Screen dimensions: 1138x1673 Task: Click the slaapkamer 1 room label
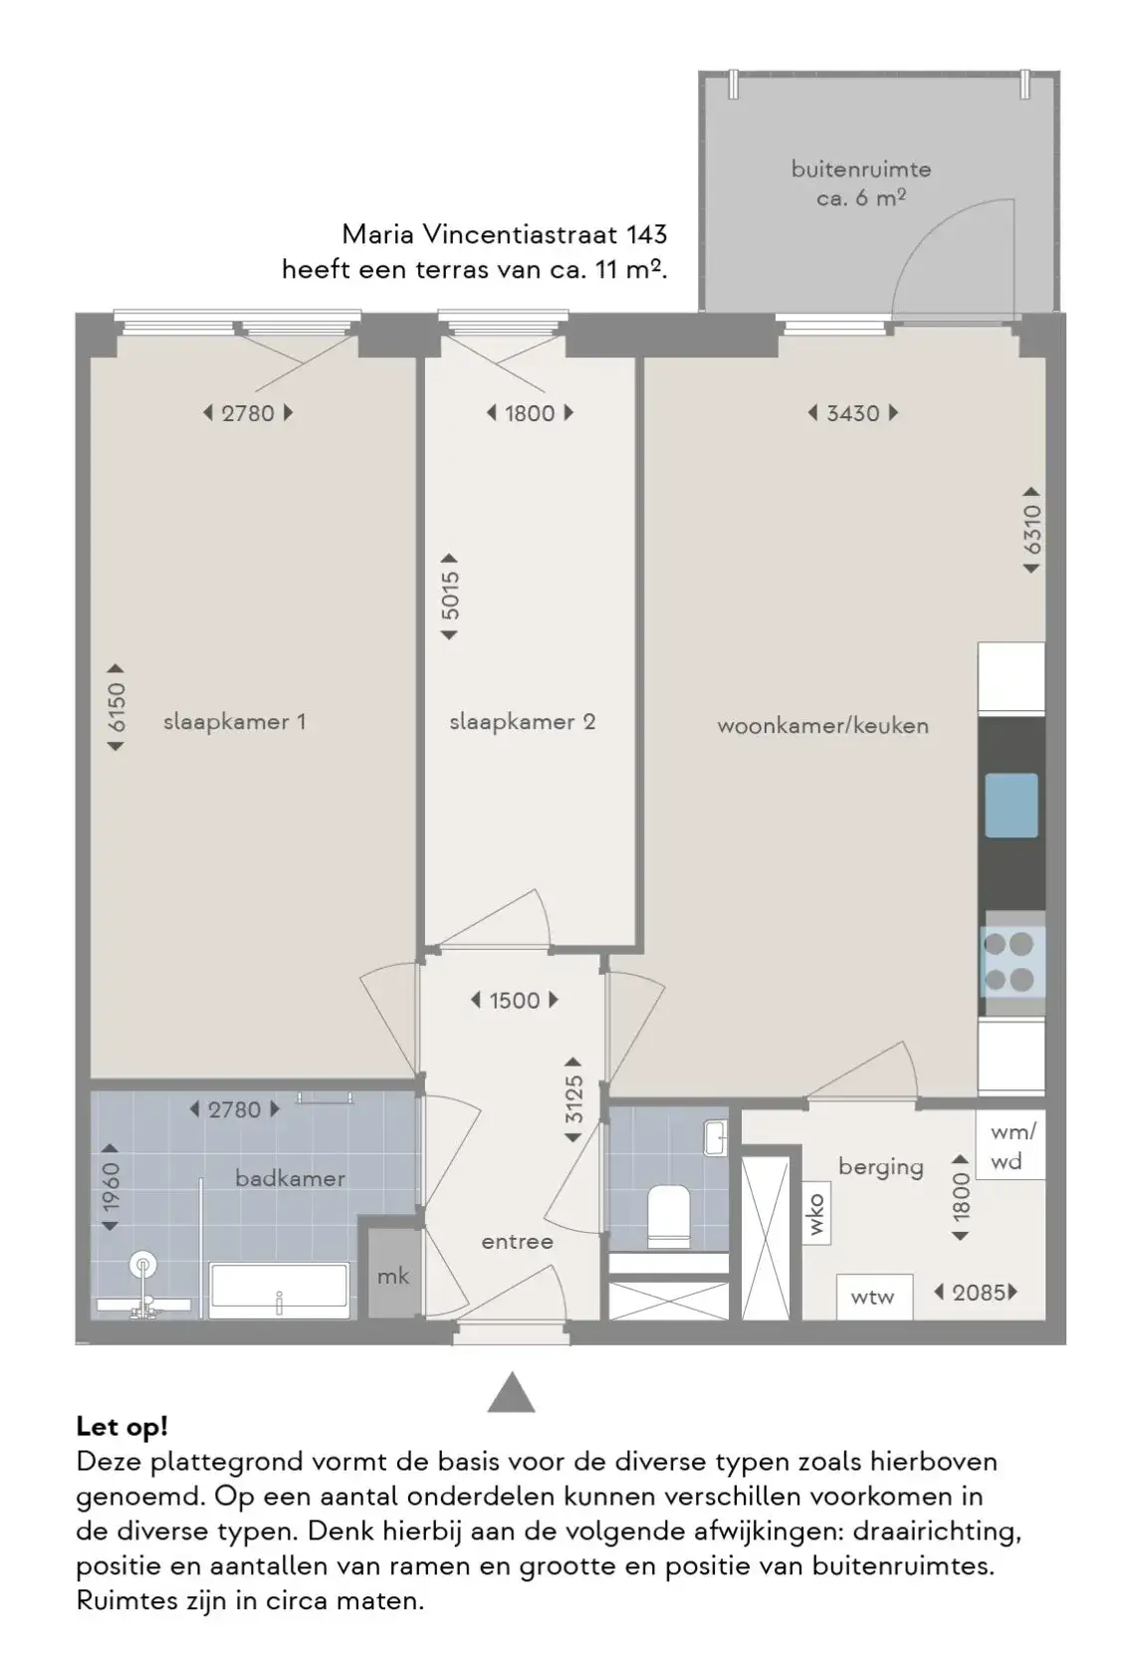click(235, 721)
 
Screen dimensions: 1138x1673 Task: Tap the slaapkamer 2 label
click(523, 721)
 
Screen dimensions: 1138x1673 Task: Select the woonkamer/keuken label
click(822, 725)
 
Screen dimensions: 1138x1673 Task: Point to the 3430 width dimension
click(852, 413)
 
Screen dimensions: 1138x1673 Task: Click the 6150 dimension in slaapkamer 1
click(115, 707)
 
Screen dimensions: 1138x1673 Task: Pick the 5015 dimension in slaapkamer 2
click(450, 596)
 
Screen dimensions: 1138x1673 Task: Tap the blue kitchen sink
click(1012, 805)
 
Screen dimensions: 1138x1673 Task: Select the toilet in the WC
click(668, 1216)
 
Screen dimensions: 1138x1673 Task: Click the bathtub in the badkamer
click(279, 1290)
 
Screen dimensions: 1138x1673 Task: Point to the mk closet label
click(392, 1277)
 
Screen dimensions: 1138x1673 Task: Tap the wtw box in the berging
click(872, 1297)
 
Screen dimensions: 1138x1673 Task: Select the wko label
click(816, 1215)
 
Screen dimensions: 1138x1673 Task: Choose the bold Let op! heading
click(121, 1427)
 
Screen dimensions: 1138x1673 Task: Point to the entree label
click(517, 1242)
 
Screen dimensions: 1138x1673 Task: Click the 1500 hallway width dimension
click(515, 1000)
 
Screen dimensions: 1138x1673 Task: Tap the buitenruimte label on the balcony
click(861, 169)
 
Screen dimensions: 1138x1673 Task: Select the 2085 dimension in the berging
click(976, 1293)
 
